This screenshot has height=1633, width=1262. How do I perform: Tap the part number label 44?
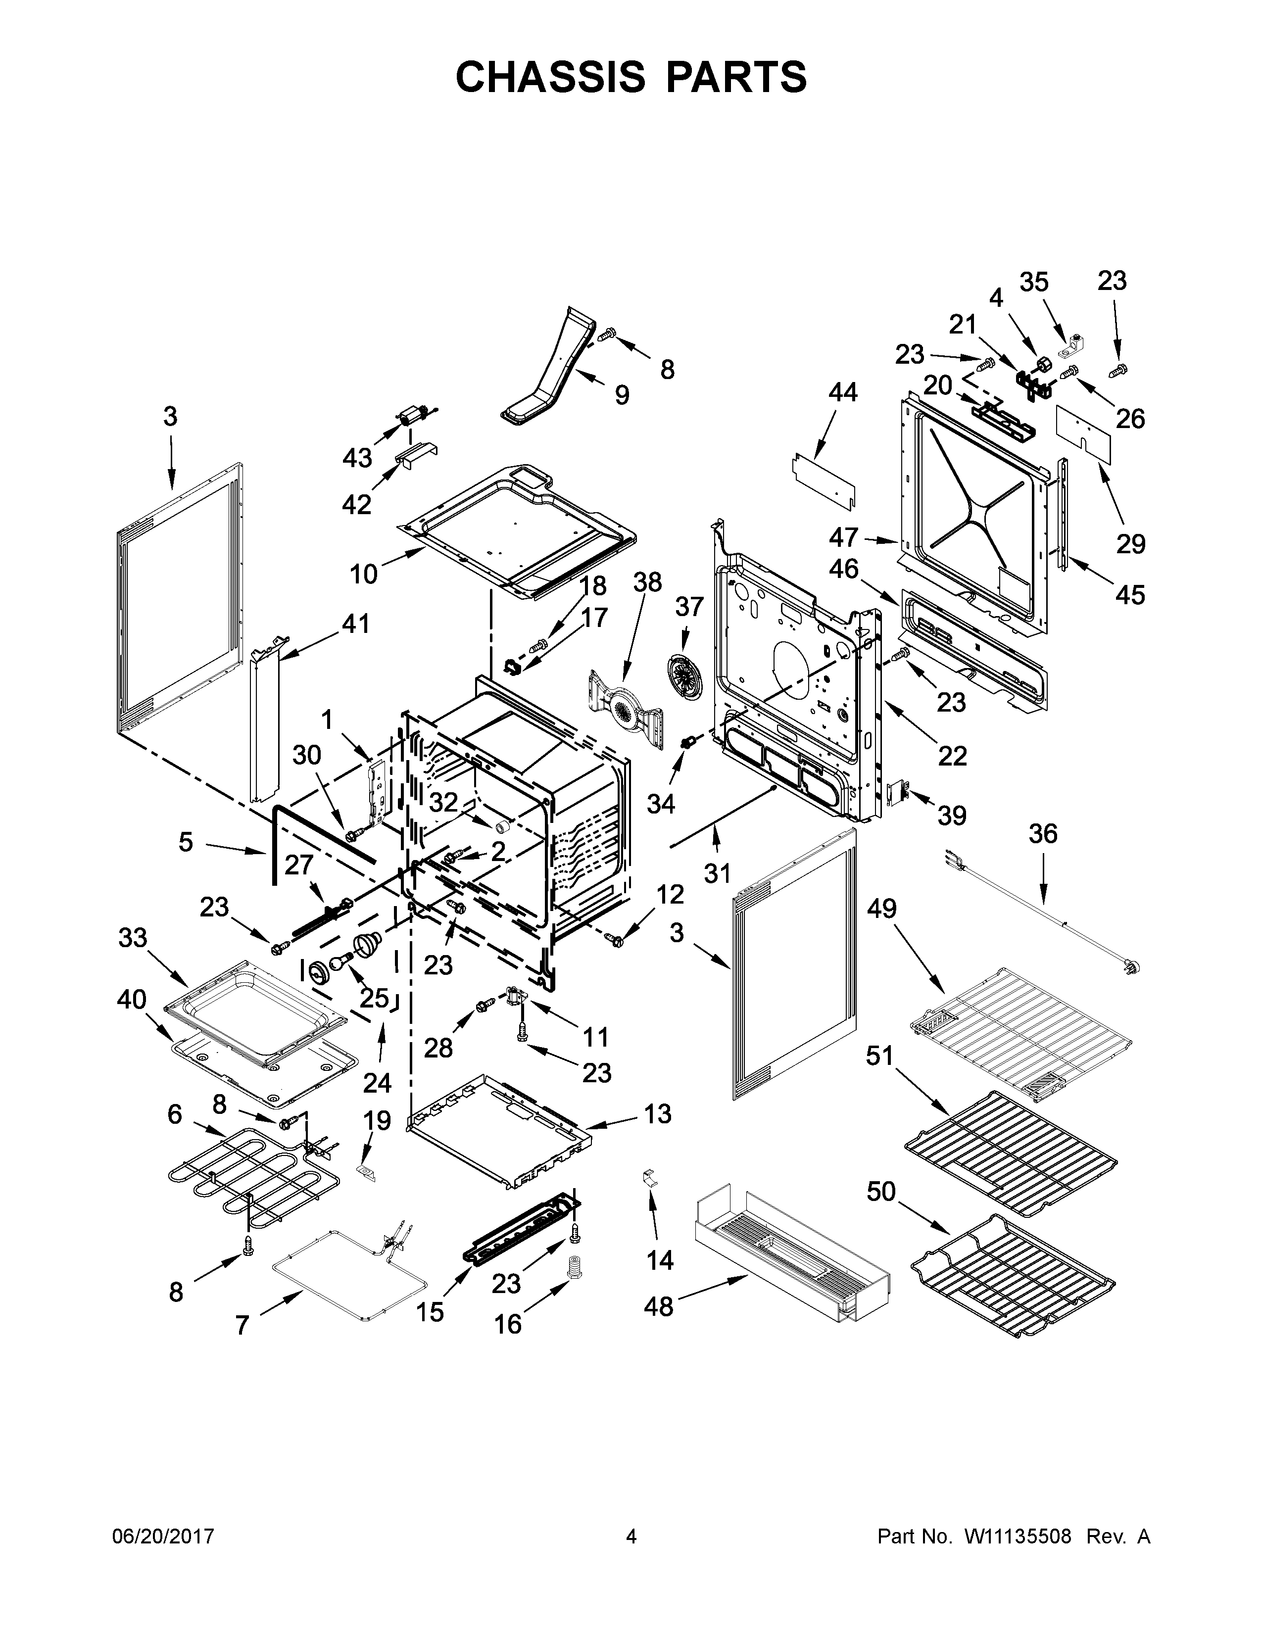843,392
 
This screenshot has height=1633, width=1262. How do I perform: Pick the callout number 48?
659,1306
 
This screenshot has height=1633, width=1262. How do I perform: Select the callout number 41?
355,623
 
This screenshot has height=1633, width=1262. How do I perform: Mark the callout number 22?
952,756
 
